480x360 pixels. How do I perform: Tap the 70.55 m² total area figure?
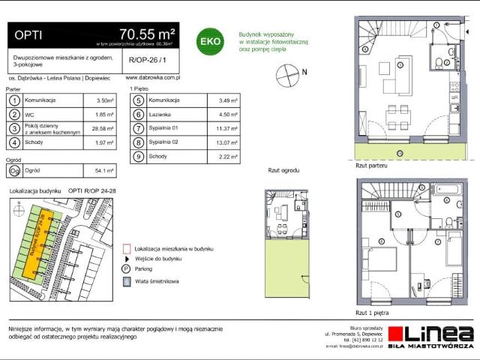pyautogui.click(x=147, y=33)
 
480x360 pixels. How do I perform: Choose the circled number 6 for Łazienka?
pyautogui.click(x=138, y=115)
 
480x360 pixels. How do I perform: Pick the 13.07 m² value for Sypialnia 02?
pyautogui.click(x=226, y=142)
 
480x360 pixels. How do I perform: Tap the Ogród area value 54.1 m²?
pyautogui.click(x=104, y=170)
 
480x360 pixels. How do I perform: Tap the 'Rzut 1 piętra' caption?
pyautogui.click(x=373, y=311)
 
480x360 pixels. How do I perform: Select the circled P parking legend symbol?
pyautogui.click(x=126, y=268)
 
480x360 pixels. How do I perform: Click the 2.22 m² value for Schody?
pyautogui.click(x=226, y=157)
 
